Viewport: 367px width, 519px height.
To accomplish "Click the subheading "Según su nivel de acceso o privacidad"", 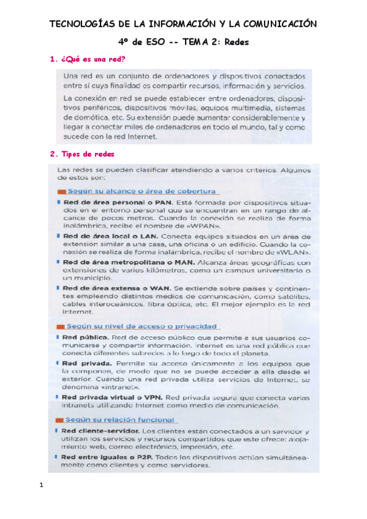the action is (125, 326).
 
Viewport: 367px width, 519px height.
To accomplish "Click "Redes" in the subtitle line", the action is (235, 42).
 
